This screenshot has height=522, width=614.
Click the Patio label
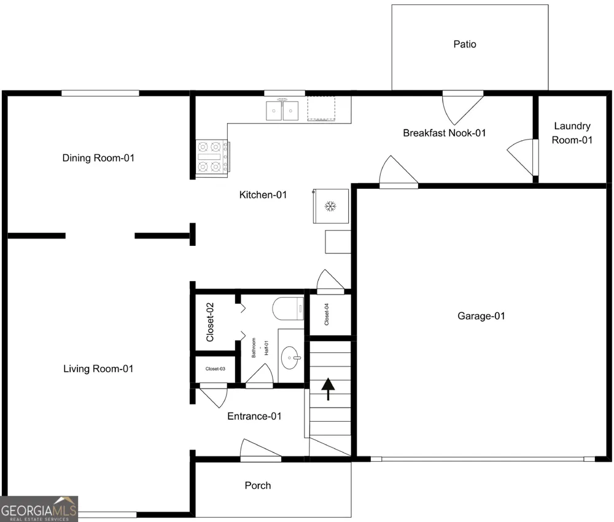click(465, 44)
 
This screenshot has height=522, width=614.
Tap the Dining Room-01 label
click(98, 158)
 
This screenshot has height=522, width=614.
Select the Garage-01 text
click(481, 316)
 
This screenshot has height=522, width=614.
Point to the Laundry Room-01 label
click(572, 133)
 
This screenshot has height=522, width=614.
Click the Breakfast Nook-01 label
click(445, 133)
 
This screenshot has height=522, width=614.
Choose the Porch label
click(258, 486)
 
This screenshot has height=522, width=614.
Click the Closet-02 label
click(210, 322)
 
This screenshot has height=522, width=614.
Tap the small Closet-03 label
click(216, 369)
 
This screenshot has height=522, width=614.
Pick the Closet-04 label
click(327, 315)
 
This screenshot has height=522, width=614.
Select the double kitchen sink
click(282, 111)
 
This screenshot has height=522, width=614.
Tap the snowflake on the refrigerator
click(330, 206)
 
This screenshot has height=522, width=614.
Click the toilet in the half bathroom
click(288, 308)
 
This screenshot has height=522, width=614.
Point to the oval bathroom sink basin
click(291, 357)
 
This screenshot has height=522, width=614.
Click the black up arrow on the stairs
click(328, 389)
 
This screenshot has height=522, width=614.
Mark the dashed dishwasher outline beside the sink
click(322, 108)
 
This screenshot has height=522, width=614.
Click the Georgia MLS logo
click(39, 509)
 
